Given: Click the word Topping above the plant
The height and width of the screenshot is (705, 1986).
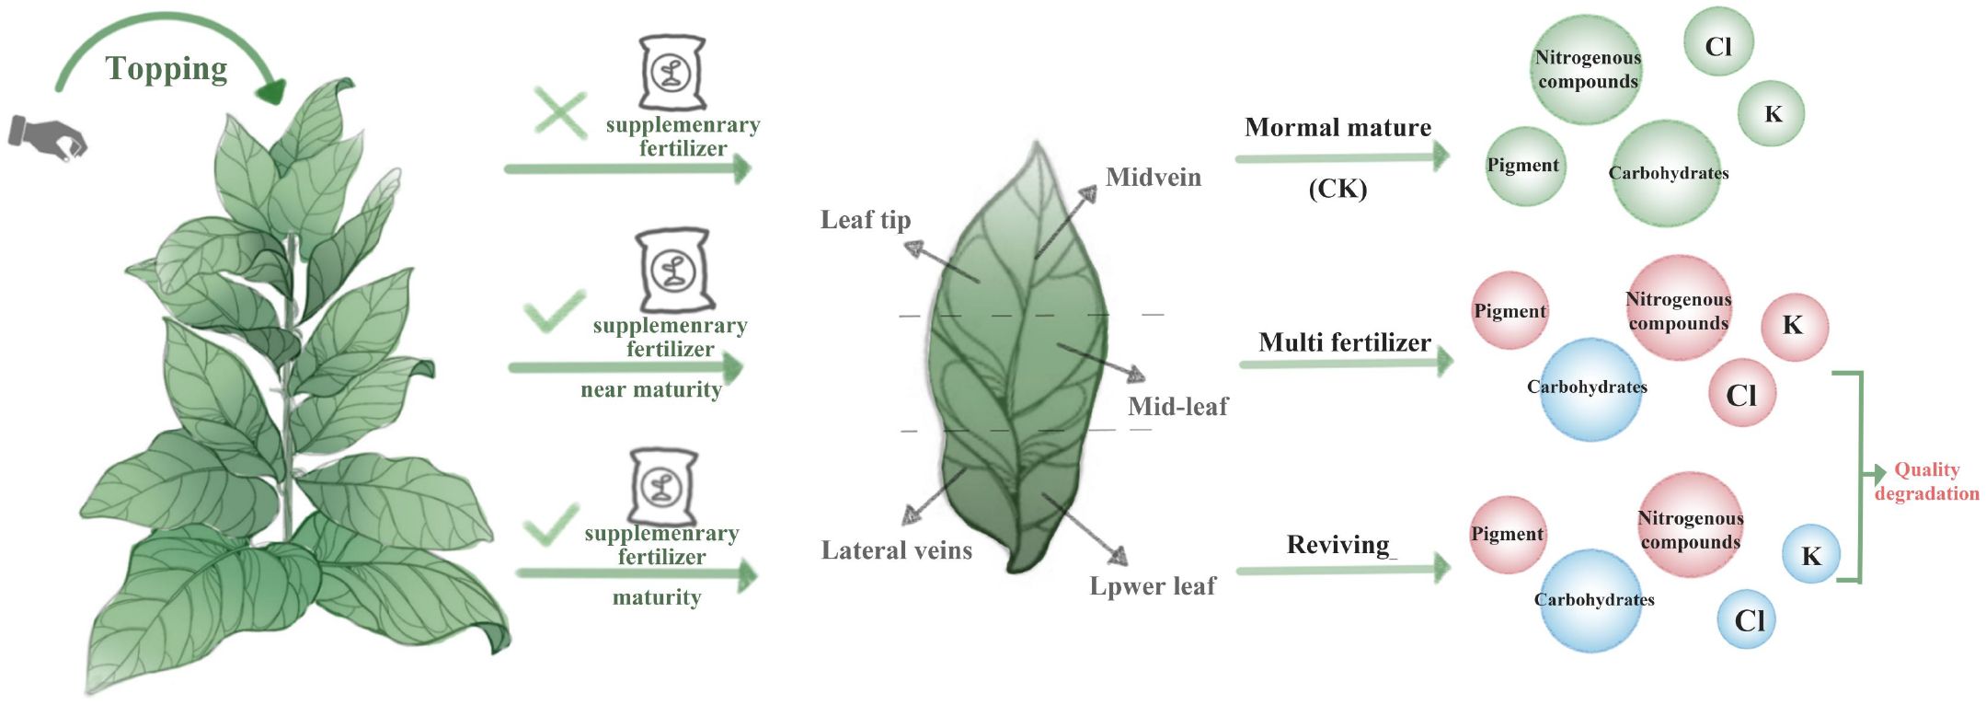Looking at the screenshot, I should click(x=166, y=69).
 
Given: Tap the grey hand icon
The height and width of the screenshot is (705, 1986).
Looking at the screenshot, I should click(x=47, y=136).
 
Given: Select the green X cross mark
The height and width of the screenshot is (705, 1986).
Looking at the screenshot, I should click(x=560, y=115).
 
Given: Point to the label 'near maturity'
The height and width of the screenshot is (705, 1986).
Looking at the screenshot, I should click(x=651, y=389).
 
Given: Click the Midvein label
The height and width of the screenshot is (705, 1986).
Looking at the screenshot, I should click(x=1153, y=177).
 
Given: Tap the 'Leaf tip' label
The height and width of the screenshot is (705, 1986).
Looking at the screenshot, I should click(x=866, y=220).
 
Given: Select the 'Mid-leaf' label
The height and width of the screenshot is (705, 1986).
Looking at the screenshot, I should click(x=1177, y=406).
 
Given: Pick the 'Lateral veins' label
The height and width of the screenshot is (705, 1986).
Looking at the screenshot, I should click(x=896, y=550).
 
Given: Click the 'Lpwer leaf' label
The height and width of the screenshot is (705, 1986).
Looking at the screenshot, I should click(x=1152, y=586).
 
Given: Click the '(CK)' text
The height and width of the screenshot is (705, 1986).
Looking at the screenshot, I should click(x=1337, y=189).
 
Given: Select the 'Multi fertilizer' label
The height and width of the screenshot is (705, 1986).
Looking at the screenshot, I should click(x=1344, y=342).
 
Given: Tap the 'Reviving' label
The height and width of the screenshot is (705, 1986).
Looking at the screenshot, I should click(x=1338, y=545).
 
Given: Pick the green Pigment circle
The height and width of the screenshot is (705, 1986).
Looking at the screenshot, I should click(x=1524, y=166).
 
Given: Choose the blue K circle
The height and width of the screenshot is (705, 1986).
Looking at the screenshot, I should click(x=1810, y=555).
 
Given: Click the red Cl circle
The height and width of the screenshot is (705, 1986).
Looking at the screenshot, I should click(x=1741, y=394).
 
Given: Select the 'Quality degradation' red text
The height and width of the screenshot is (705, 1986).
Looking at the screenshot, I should click(x=1926, y=481).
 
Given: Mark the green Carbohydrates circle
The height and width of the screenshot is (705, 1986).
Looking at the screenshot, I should click(x=1667, y=173).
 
